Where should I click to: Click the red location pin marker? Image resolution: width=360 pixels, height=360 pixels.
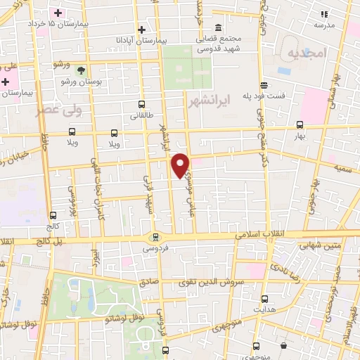(181, 164)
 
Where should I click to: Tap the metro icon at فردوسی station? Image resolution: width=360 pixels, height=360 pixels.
(155, 237)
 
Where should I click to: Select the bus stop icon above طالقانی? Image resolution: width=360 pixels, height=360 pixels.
(143, 103)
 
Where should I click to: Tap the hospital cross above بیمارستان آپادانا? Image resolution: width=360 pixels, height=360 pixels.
(143, 30)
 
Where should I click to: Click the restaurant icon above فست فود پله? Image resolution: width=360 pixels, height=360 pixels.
(264, 84)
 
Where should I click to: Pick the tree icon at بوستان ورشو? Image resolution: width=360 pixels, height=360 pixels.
(81, 70)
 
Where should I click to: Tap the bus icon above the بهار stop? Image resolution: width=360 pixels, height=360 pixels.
(300, 127)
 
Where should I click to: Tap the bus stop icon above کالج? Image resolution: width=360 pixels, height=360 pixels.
(53, 216)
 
